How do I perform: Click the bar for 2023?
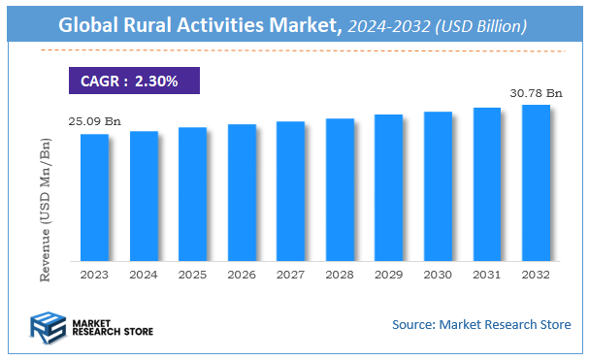(x=94, y=197)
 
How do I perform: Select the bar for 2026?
(x=242, y=192)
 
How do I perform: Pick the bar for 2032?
(x=536, y=182)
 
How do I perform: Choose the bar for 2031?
(x=487, y=184)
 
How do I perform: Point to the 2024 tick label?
(x=144, y=275)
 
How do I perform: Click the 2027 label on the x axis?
(x=290, y=275)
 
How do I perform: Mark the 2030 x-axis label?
(x=438, y=275)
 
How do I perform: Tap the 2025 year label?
(x=192, y=275)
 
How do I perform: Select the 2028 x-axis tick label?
(x=340, y=275)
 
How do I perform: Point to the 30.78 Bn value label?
(x=536, y=93)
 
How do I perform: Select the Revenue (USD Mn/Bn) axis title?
(x=45, y=209)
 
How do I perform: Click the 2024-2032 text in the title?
(x=385, y=27)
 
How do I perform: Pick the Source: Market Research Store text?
(x=481, y=323)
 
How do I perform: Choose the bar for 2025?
(x=192, y=194)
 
